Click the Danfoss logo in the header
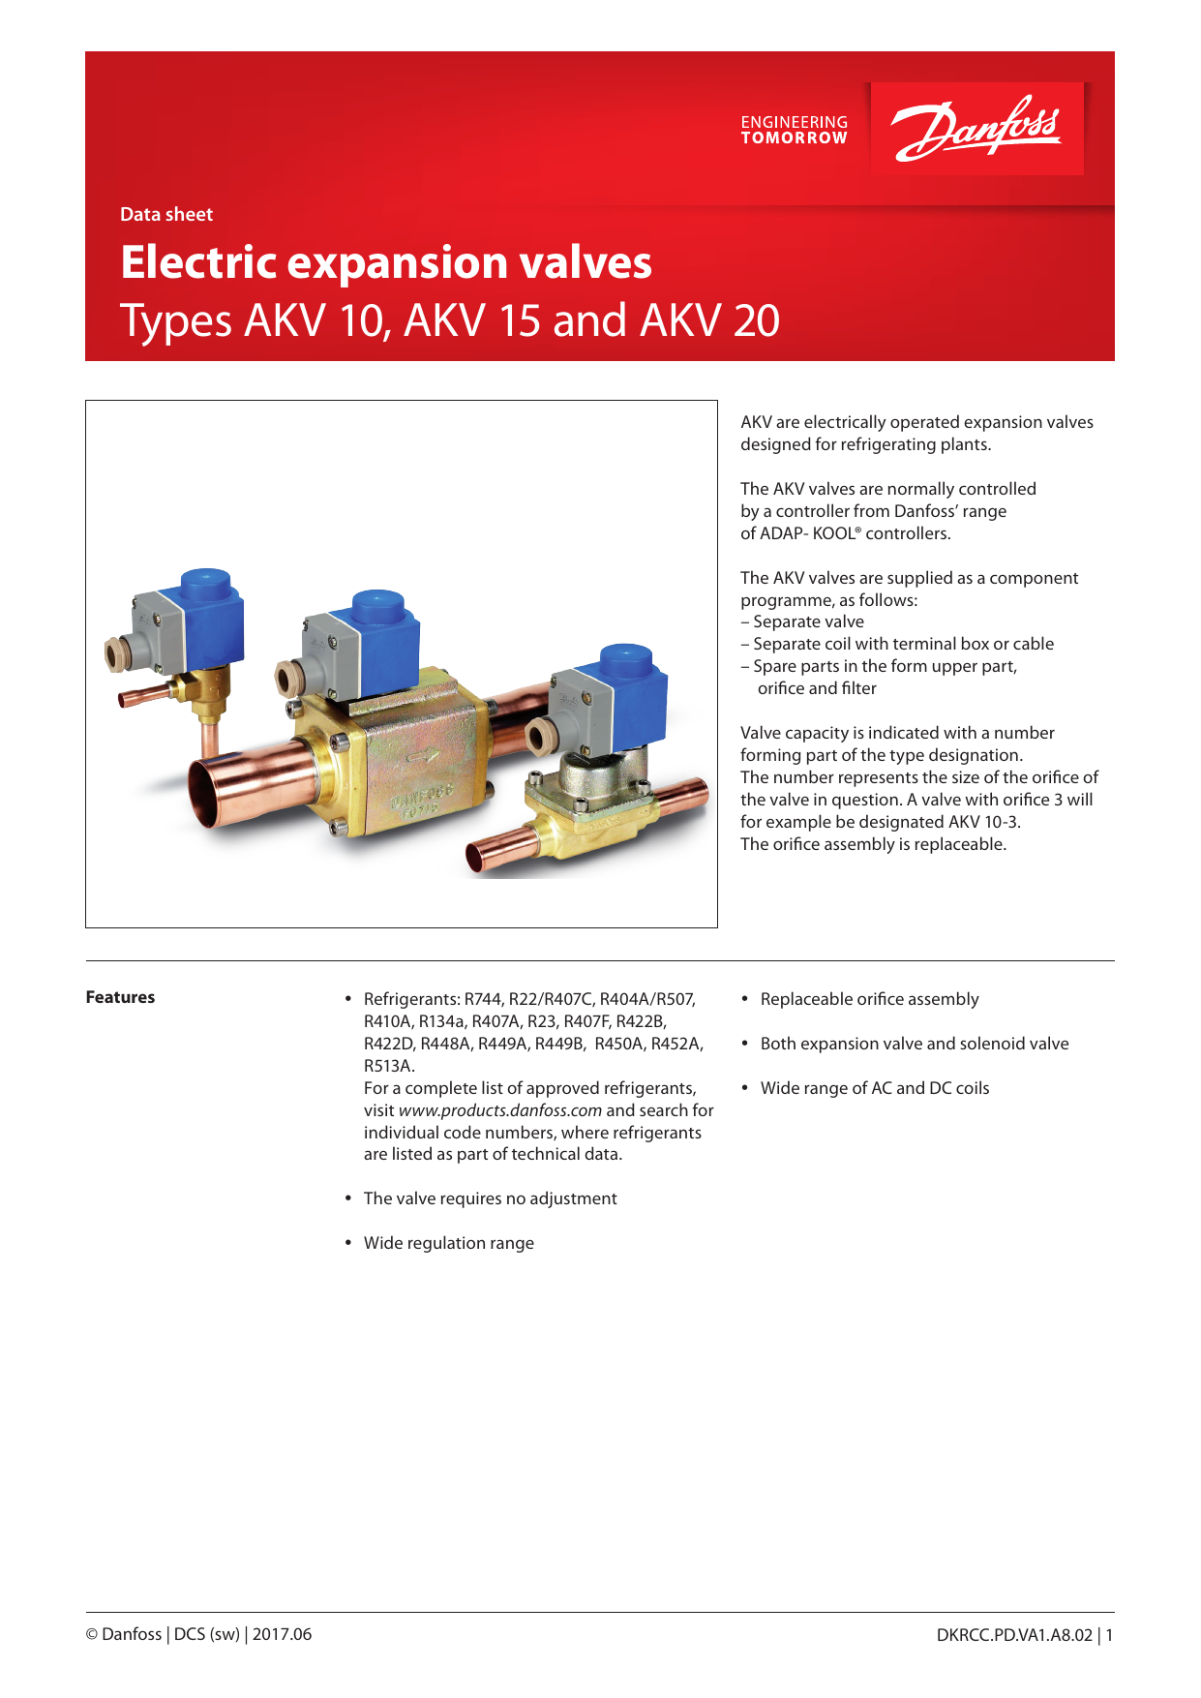pos(976,129)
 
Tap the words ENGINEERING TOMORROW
pos(794,130)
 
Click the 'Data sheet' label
pos(166,215)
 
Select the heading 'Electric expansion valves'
pos(386,262)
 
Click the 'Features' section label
pos(120,997)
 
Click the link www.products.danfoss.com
pos(499,1110)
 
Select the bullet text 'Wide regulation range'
pos(448,1243)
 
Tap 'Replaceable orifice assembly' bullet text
pos(869,999)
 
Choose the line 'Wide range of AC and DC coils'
pos(875,1088)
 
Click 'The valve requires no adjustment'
pos(490,1198)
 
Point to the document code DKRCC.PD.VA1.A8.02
pos(1014,1635)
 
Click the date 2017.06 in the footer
pos(282,1634)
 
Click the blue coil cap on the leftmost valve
pos(205,587)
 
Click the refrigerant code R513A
pos(389,1066)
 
